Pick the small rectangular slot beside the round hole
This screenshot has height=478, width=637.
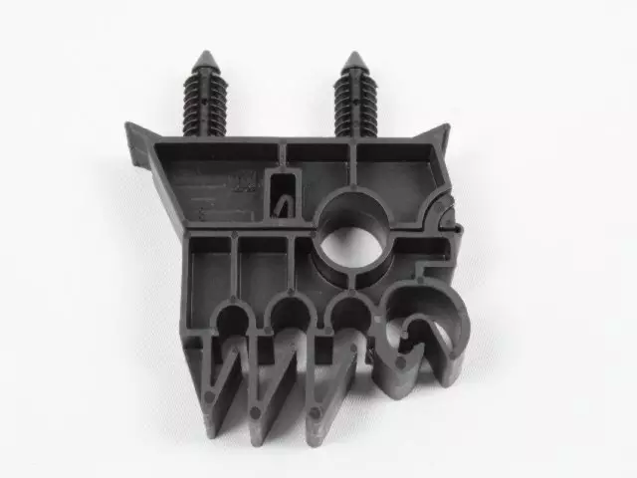coord(284,193)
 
